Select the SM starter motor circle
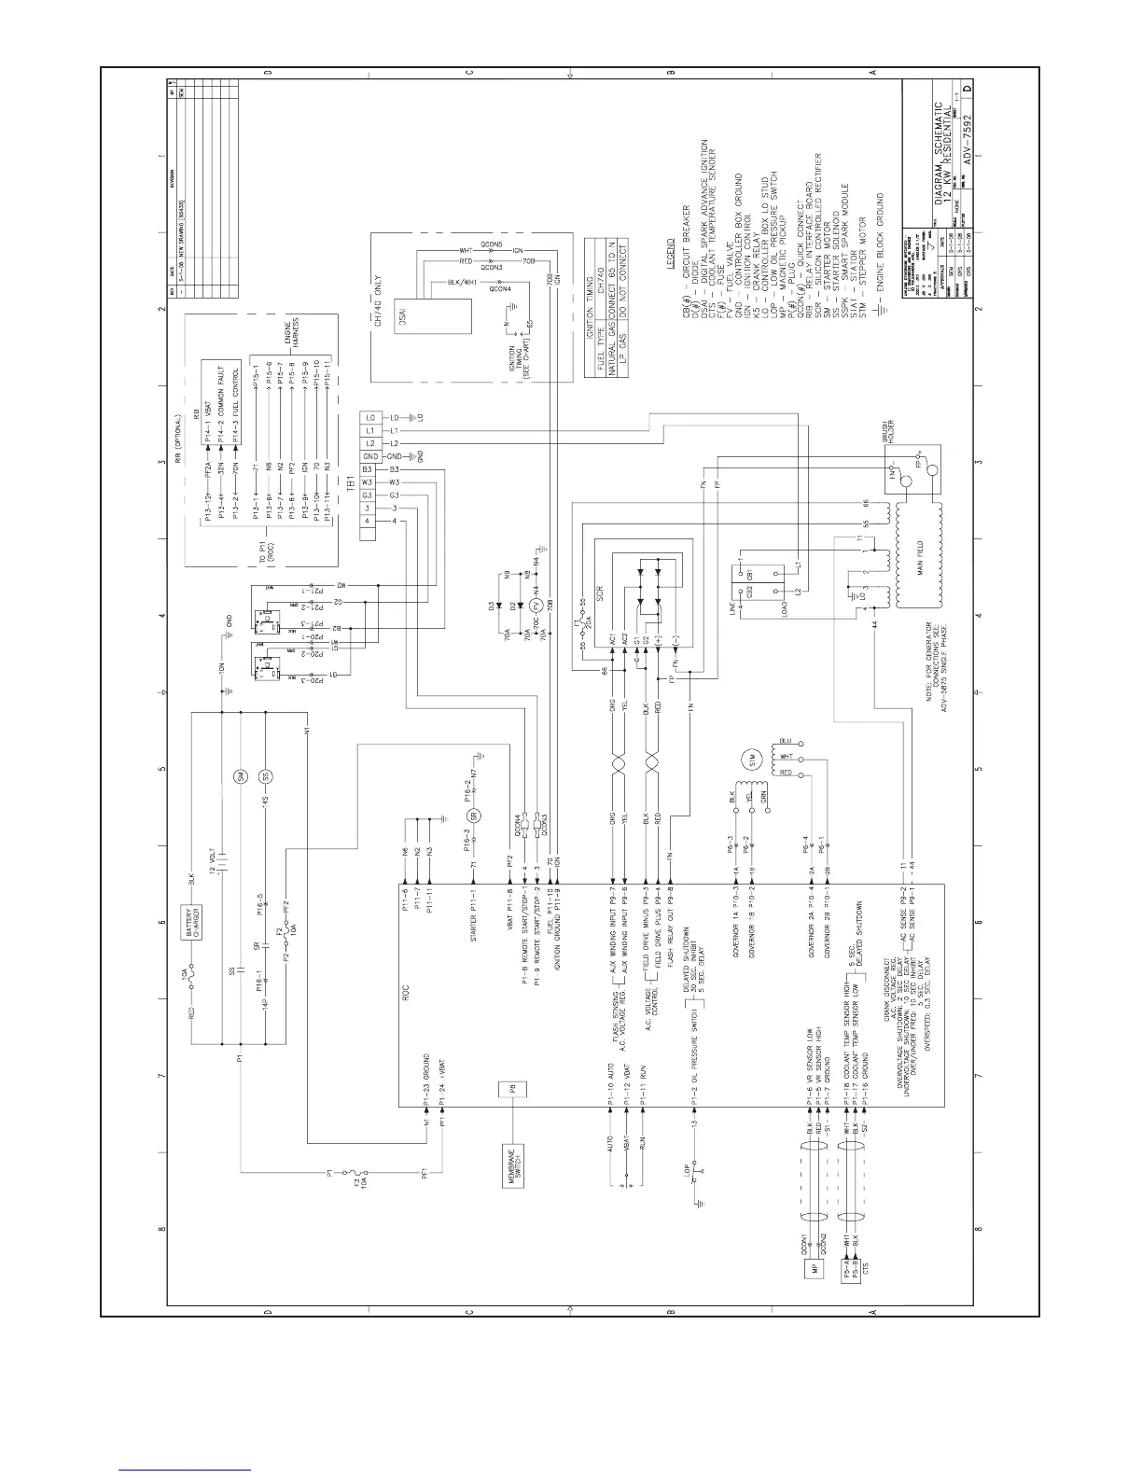(240, 776)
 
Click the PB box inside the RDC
(512, 1090)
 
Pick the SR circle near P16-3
(474, 816)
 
